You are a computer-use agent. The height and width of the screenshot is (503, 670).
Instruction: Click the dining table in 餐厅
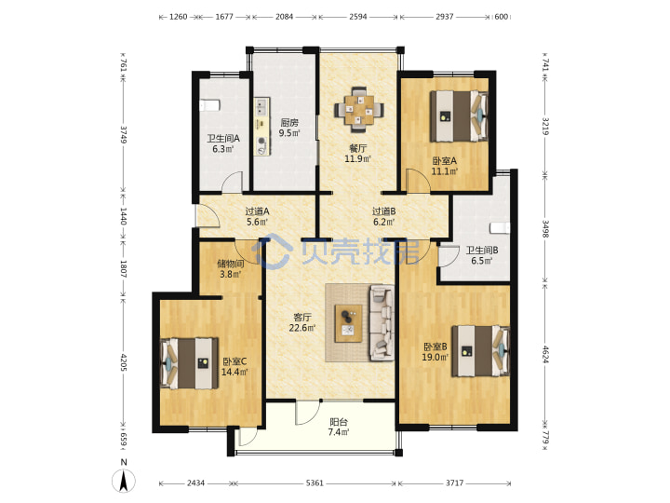(x=358, y=110)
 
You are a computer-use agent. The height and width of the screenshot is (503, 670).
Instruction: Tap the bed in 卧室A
(x=459, y=116)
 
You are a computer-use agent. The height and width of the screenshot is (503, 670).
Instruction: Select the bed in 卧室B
(x=481, y=351)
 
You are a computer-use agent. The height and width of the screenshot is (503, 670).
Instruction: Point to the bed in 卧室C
(x=189, y=363)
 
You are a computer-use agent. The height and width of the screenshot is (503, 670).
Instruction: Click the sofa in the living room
(x=382, y=323)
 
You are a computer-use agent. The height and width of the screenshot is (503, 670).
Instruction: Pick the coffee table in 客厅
(x=348, y=323)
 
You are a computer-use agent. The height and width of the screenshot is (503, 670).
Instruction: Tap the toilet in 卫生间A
(x=209, y=105)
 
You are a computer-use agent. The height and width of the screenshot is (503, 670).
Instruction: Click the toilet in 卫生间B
(x=500, y=228)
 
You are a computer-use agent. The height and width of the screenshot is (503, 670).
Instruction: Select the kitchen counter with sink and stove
(x=262, y=127)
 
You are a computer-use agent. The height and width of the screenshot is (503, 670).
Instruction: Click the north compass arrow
(x=124, y=480)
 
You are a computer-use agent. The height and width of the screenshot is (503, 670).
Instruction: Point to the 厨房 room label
(x=289, y=123)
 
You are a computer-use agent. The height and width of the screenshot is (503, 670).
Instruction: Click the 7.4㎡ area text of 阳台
(x=339, y=432)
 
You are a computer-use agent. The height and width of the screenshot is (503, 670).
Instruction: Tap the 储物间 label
(x=231, y=264)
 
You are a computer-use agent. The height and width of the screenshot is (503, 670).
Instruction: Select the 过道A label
(x=257, y=211)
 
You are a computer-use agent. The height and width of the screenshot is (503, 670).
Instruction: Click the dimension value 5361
(x=315, y=483)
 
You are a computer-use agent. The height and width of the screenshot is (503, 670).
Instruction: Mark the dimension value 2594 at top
(x=358, y=17)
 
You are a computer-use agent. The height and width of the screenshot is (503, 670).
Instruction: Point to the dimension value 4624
(x=545, y=354)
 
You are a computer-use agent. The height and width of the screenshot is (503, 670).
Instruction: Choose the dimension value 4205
(x=124, y=361)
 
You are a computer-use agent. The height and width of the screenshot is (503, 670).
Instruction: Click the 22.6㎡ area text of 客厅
(x=302, y=328)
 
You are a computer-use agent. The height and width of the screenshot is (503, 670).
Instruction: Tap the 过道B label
(x=383, y=211)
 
